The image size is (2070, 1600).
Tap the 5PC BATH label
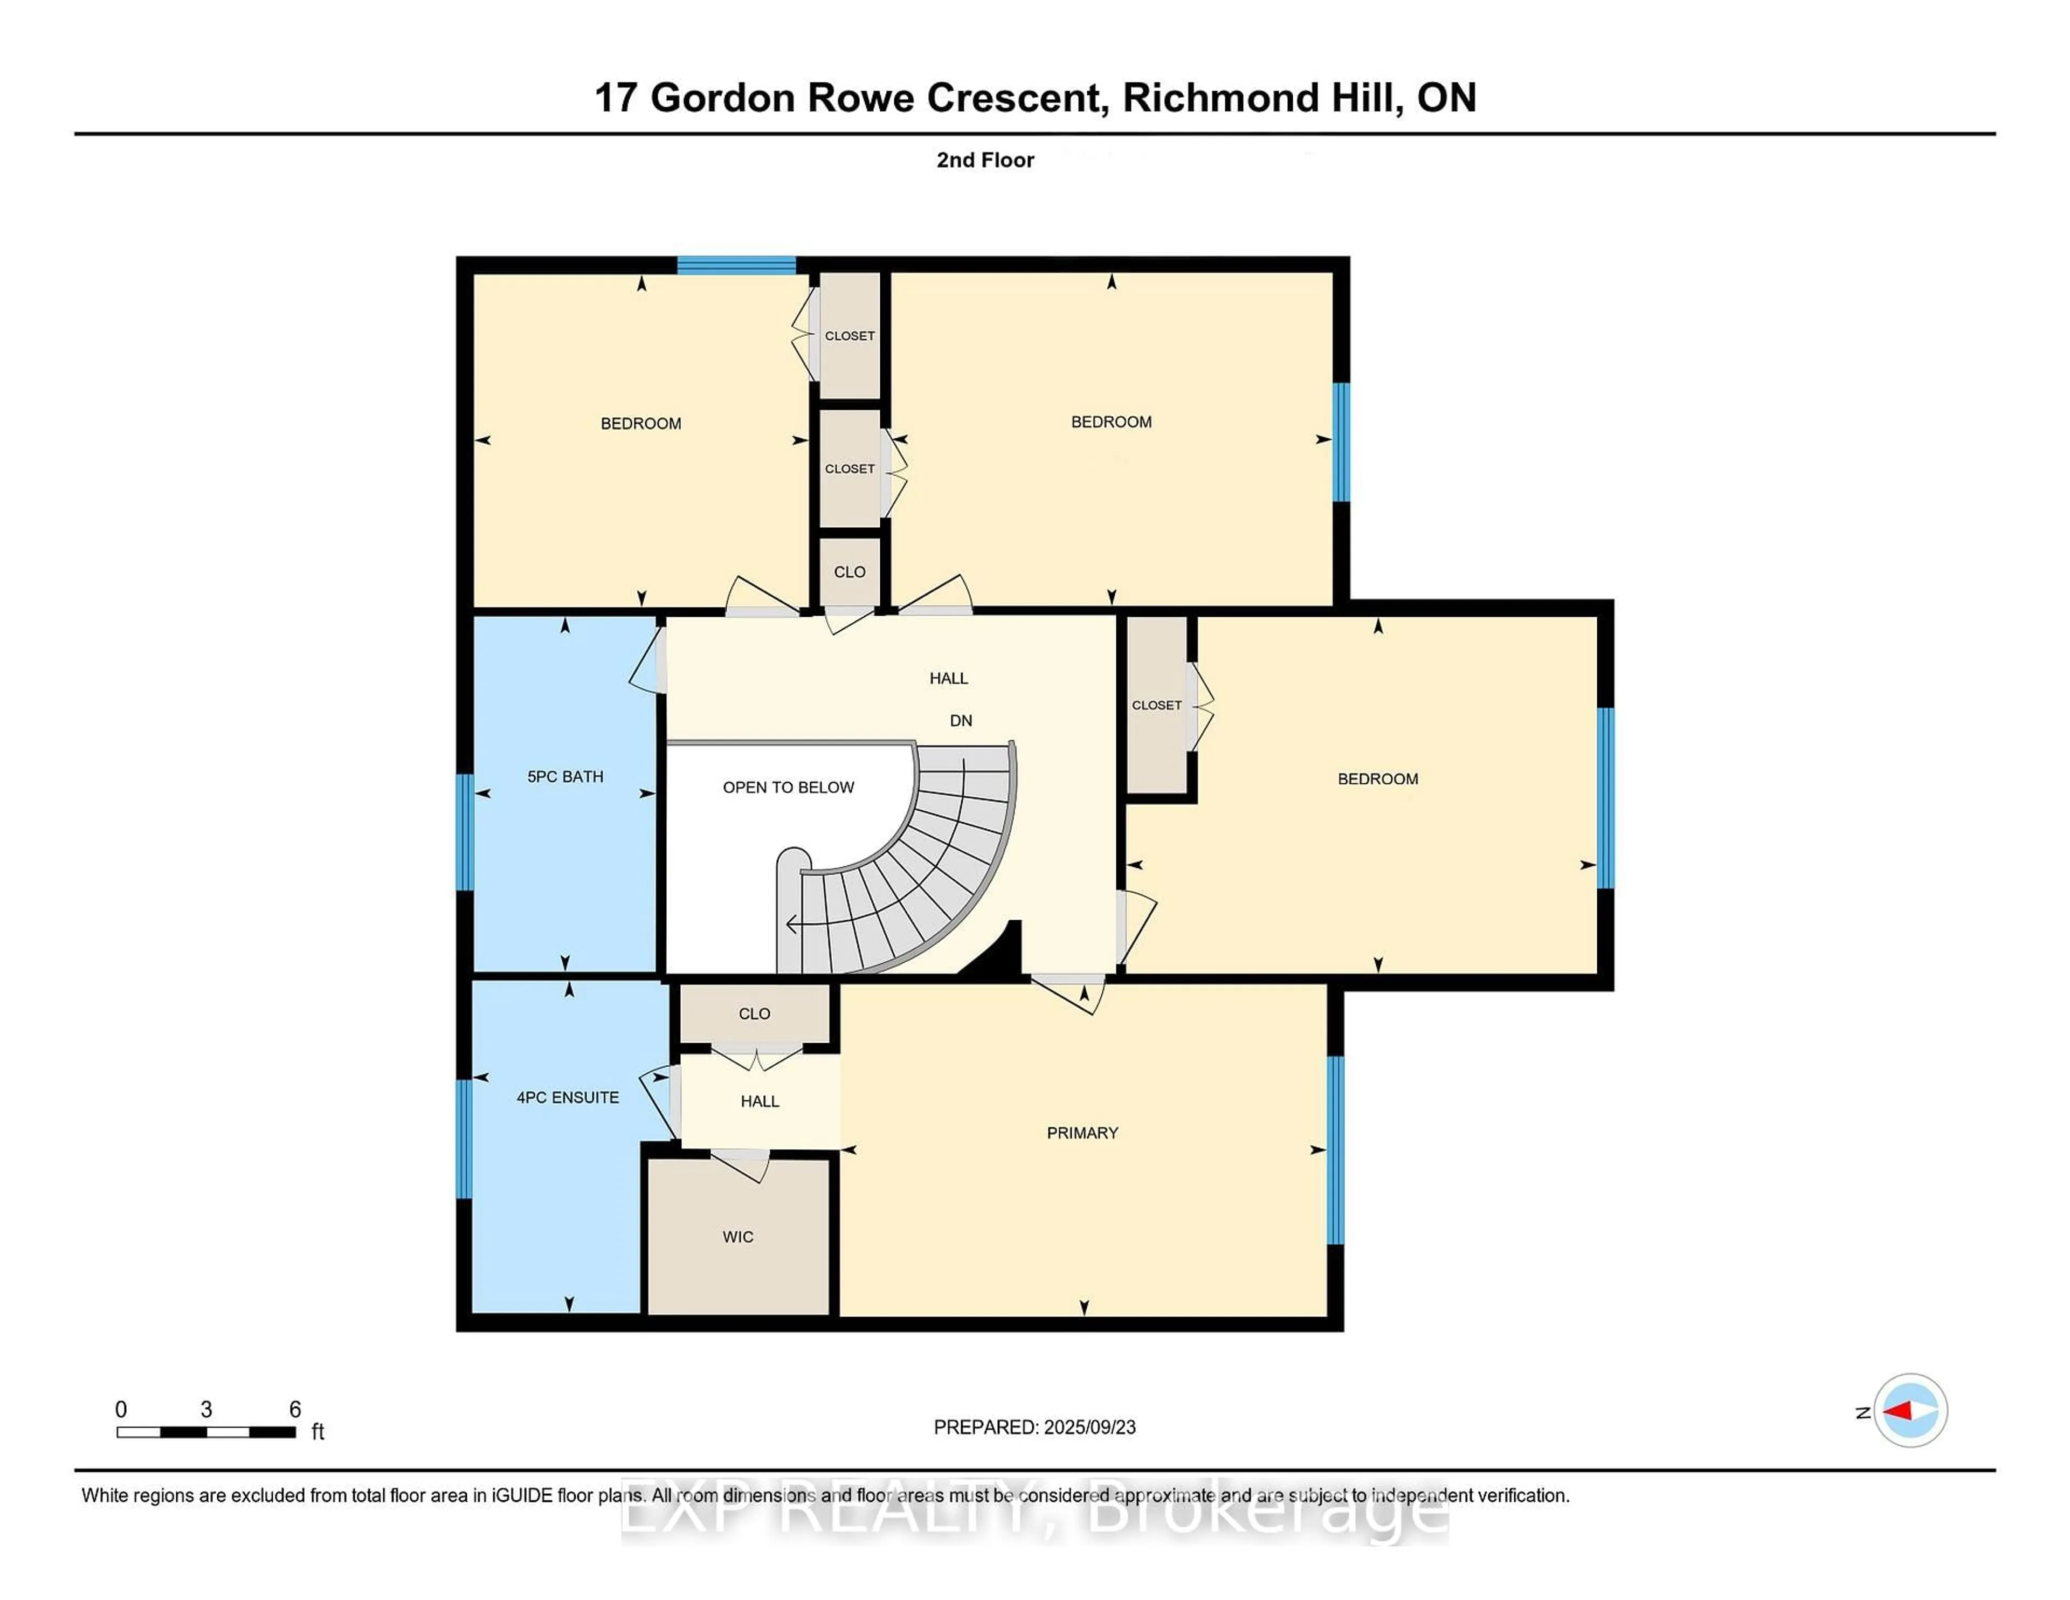[x=565, y=776]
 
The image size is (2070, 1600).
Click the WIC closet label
[x=737, y=1237]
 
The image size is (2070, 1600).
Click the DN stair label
[x=960, y=720]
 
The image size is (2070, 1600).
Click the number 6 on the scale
[x=295, y=1410]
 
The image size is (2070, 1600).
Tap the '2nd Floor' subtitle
[x=985, y=160]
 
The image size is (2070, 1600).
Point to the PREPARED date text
[x=1034, y=1427]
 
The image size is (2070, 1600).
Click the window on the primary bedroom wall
[x=1335, y=1150]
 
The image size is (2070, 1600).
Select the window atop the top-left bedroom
[x=735, y=265]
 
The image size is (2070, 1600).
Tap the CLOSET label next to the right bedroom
[x=1156, y=705]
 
